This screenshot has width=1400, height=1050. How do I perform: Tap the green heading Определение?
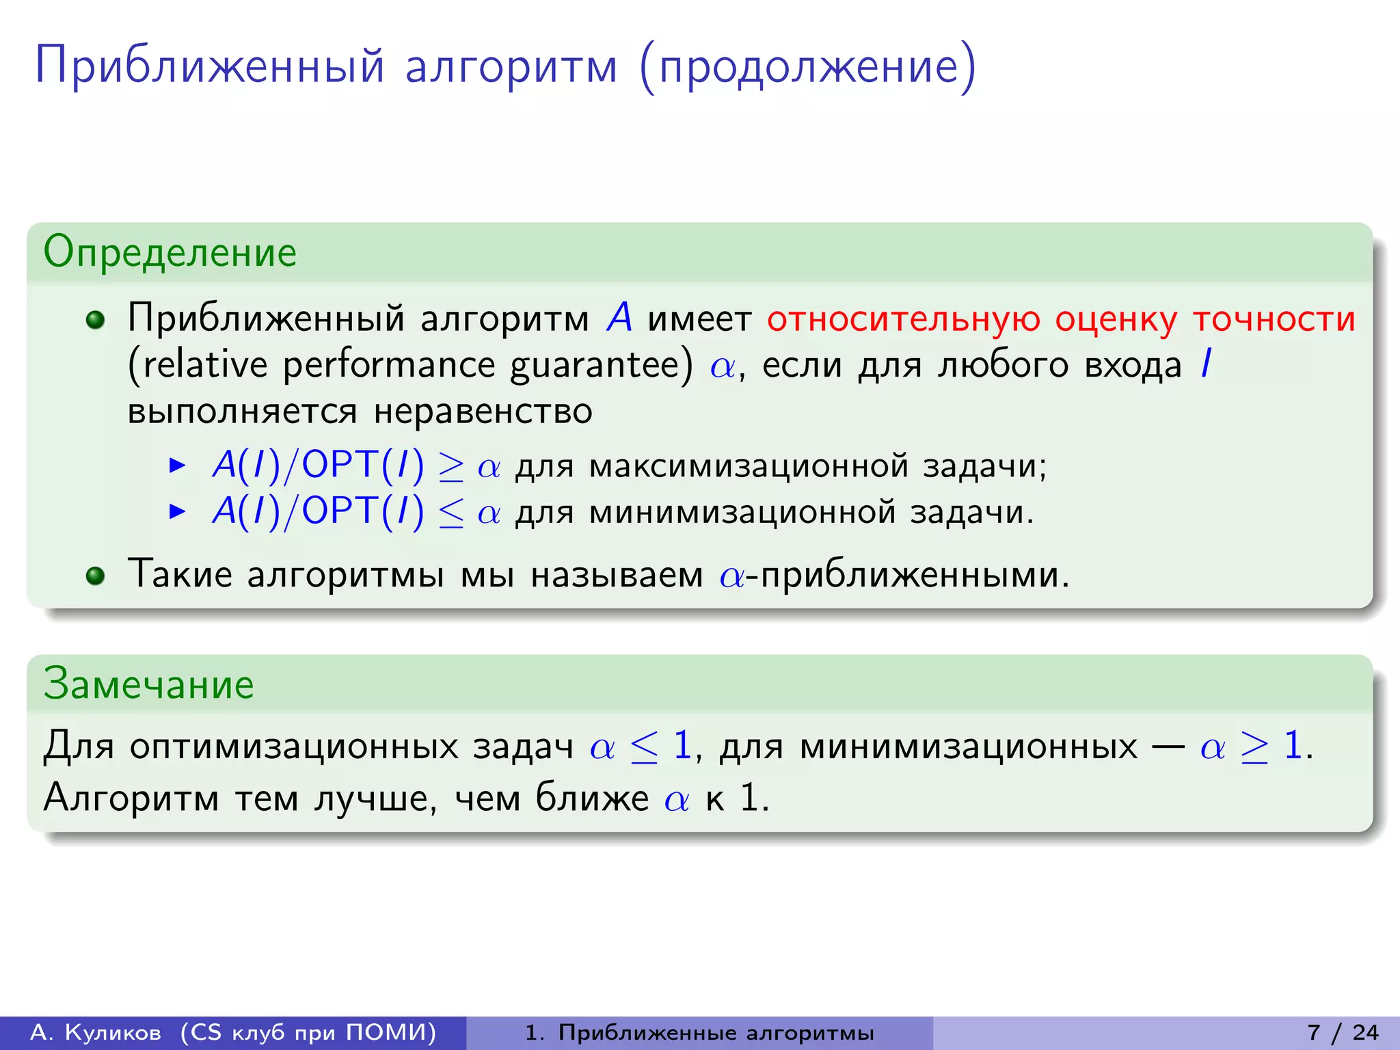click(170, 252)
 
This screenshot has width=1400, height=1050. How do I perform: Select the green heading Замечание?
click(148, 684)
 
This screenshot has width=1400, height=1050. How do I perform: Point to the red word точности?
click(1274, 319)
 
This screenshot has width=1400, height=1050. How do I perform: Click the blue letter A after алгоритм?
click(619, 318)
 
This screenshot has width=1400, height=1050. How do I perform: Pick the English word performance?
click(388, 365)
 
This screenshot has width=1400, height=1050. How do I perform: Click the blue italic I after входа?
click(1206, 364)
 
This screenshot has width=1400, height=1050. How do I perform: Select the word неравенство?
click(483, 412)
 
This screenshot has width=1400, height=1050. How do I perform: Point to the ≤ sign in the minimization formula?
click(451, 513)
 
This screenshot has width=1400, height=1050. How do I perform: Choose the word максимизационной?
click(749, 467)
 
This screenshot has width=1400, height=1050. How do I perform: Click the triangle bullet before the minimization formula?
click(177, 511)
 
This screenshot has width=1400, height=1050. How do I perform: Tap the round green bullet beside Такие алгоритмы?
click(96, 575)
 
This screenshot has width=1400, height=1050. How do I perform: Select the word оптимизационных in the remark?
click(294, 746)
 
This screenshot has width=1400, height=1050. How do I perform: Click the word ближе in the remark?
click(591, 798)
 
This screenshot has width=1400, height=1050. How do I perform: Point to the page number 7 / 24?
click(1343, 1032)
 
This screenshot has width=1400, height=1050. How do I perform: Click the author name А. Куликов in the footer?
click(96, 1032)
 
